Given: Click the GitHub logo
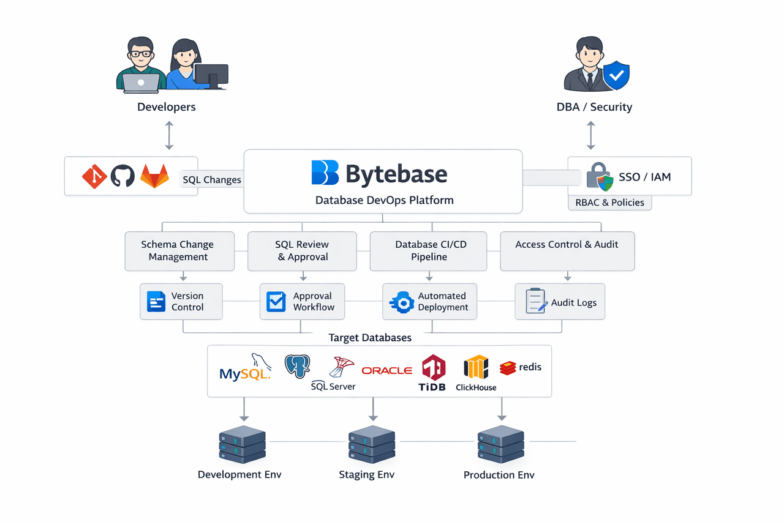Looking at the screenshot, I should (123, 176).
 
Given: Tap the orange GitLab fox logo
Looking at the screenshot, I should (154, 176).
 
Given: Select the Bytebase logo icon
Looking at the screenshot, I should (325, 173).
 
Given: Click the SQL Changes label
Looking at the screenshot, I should (212, 180).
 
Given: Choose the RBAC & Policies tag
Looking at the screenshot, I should (609, 203).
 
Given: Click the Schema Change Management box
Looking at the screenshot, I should (179, 251).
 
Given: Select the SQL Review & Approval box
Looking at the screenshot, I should (302, 251).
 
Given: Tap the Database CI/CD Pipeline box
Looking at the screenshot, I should (429, 251).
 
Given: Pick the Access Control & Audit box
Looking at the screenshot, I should (567, 251).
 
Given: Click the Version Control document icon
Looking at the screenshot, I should (156, 302).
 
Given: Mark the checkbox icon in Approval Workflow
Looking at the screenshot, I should (276, 302).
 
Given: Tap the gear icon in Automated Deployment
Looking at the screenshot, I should (402, 302).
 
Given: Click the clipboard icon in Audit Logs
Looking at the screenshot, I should (537, 301).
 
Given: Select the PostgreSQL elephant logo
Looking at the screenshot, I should (298, 366).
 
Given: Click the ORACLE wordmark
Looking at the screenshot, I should (386, 370).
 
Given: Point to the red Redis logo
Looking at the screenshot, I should (508, 368).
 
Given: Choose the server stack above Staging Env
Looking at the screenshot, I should (371, 444).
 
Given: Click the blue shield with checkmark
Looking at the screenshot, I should (616, 76).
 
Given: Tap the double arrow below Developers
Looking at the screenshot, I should (170, 135).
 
